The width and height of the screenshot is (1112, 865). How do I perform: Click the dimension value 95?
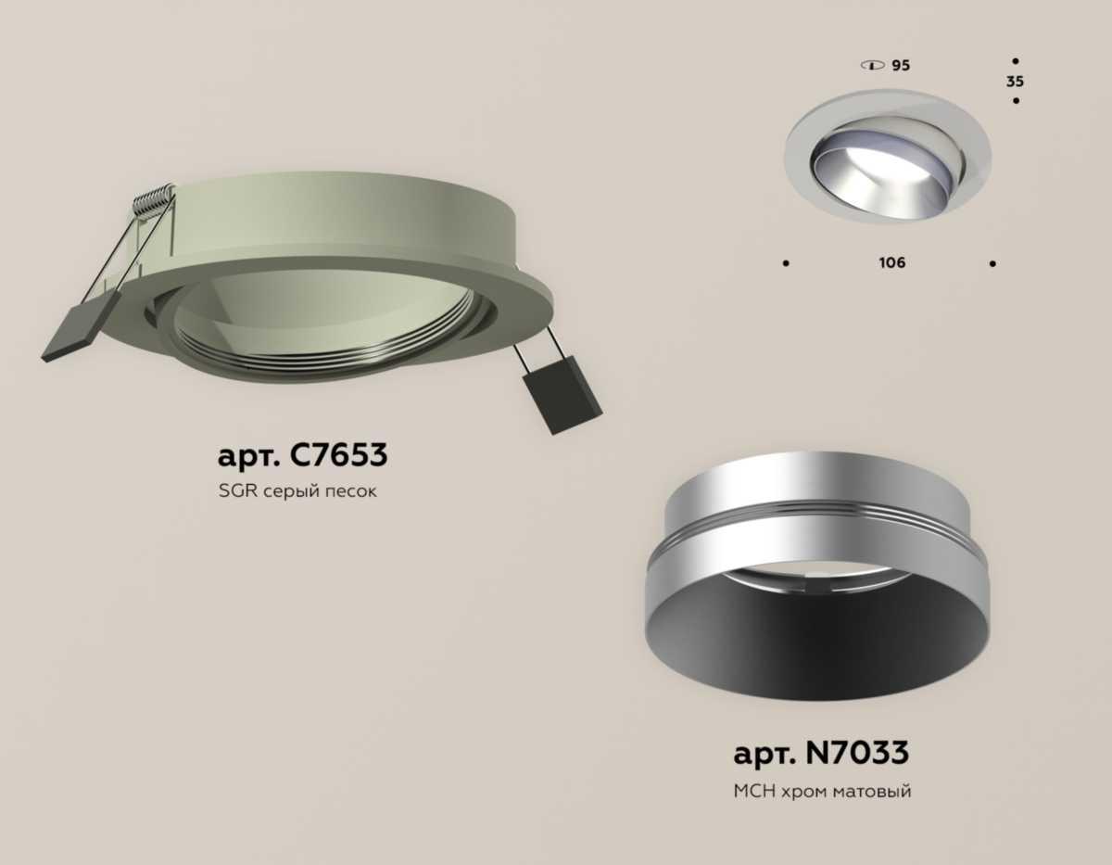click(901, 66)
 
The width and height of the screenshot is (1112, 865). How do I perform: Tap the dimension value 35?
click(1016, 82)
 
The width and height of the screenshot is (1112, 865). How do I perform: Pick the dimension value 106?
click(892, 262)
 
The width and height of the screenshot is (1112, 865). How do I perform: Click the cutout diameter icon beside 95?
click(872, 66)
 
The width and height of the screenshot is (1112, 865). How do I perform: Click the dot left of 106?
click(786, 263)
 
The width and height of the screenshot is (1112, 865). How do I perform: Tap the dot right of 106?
click(992, 263)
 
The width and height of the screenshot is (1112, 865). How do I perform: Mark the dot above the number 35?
click(1016, 60)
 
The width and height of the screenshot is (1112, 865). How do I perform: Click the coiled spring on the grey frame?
click(154, 200)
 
